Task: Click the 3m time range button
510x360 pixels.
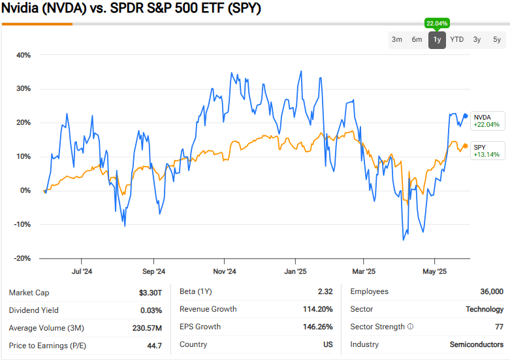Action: pos(397,40)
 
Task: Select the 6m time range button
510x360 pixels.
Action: pos(417,40)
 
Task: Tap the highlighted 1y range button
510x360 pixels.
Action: pos(437,40)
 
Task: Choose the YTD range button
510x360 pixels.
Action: pos(457,40)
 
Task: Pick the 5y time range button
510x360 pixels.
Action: pos(497,40)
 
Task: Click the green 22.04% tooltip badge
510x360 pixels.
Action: pos(436,23)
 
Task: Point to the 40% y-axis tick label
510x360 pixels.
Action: pos(24,55)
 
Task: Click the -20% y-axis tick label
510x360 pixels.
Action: pos(22,258)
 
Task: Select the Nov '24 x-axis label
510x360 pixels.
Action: pos(225,271)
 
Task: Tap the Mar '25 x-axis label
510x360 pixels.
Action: pos(364,271)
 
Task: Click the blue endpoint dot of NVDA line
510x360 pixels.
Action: pos(465,116)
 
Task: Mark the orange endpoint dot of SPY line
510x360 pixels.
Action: pos(465,146)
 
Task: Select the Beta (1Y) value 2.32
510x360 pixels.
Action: pos(325,292)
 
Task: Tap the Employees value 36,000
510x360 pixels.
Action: pos(491,292)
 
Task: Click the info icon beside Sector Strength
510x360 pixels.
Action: pos(410,327)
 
